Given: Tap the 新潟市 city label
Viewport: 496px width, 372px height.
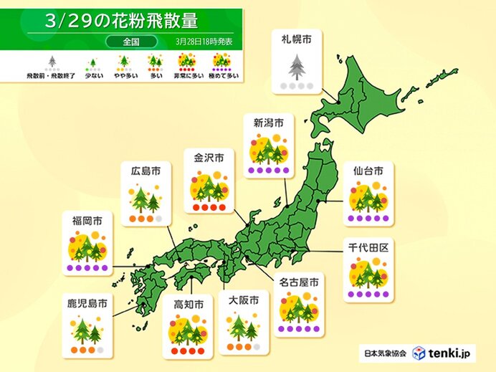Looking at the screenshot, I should pos(269,124).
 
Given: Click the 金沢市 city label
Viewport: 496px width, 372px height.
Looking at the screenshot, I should pos(209,157).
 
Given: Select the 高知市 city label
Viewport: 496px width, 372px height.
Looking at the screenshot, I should pos(189,305).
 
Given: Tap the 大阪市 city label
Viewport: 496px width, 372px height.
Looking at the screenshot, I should pos(242,301).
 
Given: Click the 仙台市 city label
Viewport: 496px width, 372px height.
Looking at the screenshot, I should pos(368,171).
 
